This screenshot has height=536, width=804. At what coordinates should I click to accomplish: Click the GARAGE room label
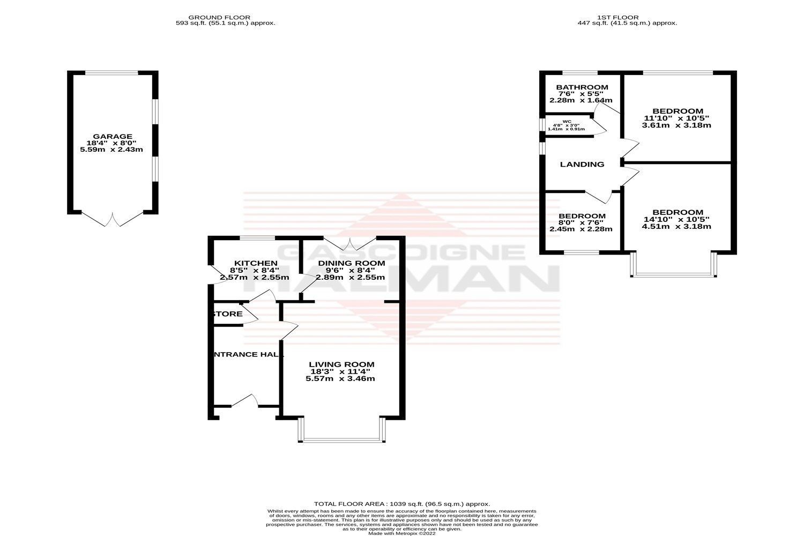tap(111, 137)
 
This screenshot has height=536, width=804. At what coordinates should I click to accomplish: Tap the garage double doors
tap(113, 219)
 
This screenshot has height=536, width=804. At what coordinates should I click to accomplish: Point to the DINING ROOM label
tap(351, 263)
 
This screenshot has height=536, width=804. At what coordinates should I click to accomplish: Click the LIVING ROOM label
tap(341, 364)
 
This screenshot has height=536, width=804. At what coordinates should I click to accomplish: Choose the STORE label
tap(228, 314)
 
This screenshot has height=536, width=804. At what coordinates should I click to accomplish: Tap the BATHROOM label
tap(582, 87)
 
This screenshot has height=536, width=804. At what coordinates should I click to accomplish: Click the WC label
tap(567, 122)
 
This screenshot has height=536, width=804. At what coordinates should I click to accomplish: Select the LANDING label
tap(582, 165)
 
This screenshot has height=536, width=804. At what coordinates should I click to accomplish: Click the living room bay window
tap(343, 441)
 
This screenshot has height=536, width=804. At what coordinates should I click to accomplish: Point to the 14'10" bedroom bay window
tap(674, 275)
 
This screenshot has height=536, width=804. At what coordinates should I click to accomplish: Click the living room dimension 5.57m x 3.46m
tap(340, 378)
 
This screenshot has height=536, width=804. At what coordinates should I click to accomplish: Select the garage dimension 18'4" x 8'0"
tap(111, 143)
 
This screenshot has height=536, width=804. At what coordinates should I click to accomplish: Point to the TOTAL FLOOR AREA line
tap(402, 504)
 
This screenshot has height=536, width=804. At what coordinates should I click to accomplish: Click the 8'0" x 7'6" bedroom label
tap(582, 216)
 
